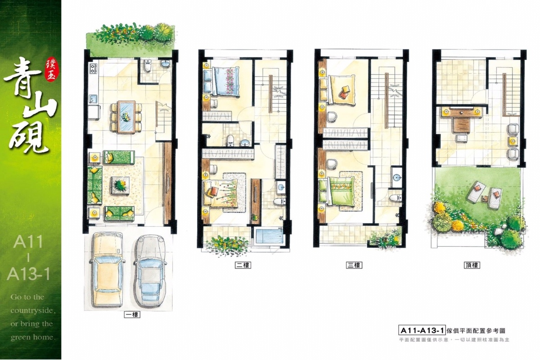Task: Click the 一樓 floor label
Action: tap(132, 315)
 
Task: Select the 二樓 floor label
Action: tap(243, 265)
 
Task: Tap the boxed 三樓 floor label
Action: tap(354, 265)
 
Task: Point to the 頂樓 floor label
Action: tap(472, 265)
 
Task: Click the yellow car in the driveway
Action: tap(107, 270)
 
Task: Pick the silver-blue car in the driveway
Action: tap(149, 270)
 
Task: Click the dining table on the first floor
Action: tap(126, 117)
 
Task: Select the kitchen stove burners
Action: tap(93, 68)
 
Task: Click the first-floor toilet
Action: tap(147, 65)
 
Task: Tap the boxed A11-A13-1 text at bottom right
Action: tap(422, 331)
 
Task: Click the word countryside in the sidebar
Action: tap(33, 310)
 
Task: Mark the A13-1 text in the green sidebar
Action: tap(28, 274)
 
